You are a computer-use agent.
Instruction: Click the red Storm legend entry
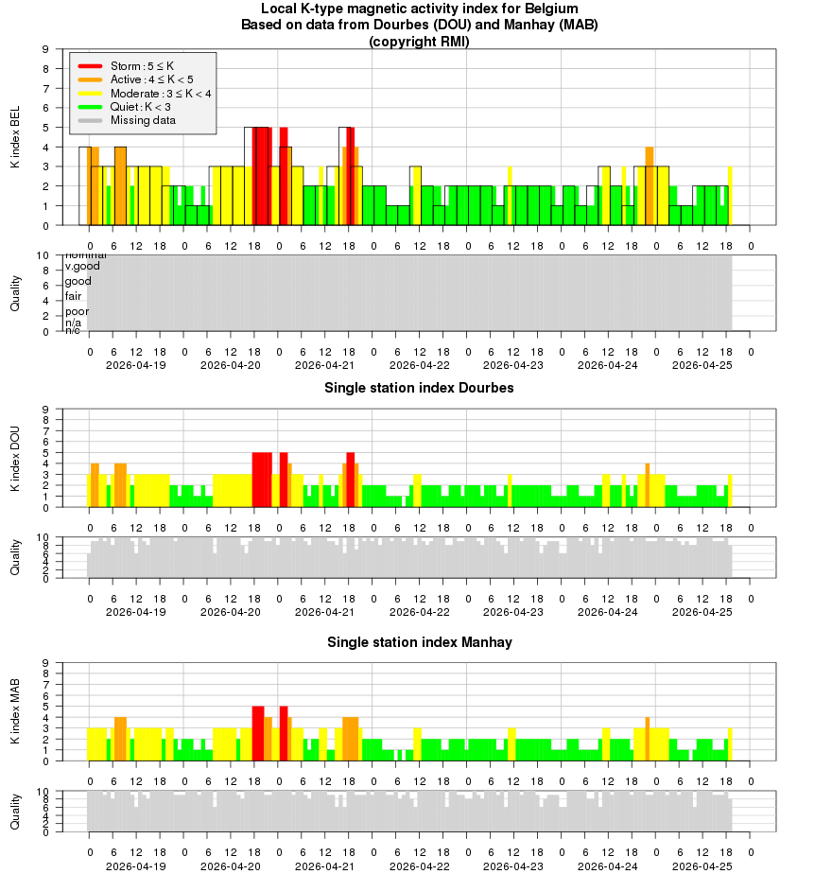coord(142,66)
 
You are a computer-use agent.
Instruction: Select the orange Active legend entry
coord(151,79)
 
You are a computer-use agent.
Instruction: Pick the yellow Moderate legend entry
coord(161,94)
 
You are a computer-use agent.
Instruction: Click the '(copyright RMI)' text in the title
coord(419,41)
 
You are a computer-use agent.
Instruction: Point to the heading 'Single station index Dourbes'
coord(419,388)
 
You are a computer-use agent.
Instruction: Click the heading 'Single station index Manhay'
coord(419,642)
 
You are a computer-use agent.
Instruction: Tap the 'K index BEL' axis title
coord(15,137)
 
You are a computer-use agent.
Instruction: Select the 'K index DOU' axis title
coord(15,458)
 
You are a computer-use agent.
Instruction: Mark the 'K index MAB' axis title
coord(15,711)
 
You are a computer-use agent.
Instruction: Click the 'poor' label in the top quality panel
coord(77,311)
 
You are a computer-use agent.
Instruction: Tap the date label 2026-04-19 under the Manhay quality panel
coord(136,865)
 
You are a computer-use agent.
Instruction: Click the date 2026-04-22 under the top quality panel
coord(420,365)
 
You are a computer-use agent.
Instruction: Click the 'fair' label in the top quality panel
coord(73,296)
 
